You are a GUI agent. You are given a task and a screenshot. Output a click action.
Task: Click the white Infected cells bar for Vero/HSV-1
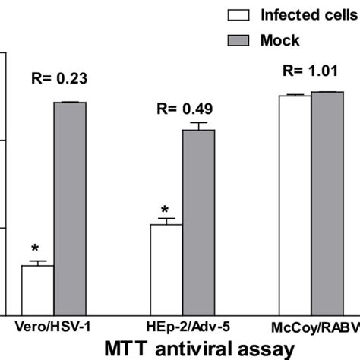37,290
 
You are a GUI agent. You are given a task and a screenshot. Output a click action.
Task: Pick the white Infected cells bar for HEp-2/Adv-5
166,270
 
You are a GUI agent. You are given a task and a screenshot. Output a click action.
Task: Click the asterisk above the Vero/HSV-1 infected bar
35,248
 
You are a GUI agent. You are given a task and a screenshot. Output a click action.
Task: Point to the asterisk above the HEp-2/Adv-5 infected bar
164,210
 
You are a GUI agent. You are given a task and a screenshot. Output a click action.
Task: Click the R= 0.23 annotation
58,77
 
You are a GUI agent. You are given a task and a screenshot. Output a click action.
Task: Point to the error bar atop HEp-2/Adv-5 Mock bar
199,125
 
